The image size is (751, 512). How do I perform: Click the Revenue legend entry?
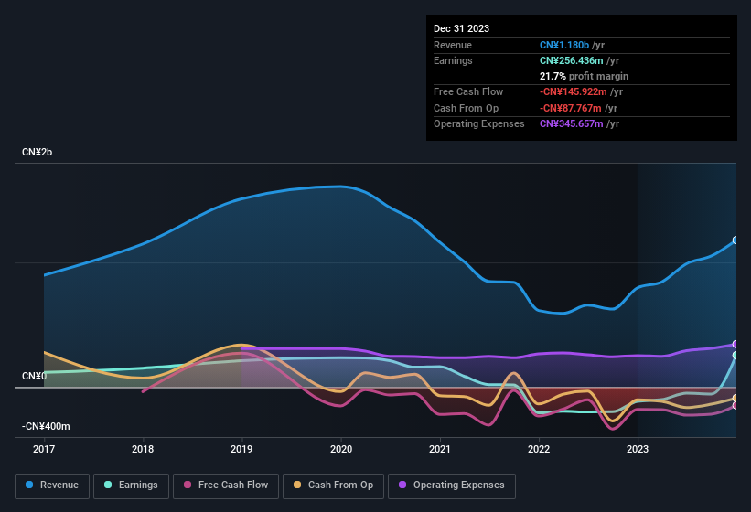pos(52,485)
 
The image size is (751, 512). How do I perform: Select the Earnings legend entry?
pos(131,485)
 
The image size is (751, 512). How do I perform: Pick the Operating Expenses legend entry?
pos(451,485)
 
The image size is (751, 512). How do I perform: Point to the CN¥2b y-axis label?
pos(38,152)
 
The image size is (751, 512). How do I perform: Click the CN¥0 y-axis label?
pos(34,376)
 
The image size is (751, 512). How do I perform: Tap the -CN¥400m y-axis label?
pos(46,426)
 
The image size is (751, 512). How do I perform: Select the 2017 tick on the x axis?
pos(44,449)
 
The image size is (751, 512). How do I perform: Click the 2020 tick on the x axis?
pos(340,449)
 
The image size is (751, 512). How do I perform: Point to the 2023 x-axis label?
pos(638,449)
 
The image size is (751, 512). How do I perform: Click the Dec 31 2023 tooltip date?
pos(461,28)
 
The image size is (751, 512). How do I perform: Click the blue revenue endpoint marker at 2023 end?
pos(735,240)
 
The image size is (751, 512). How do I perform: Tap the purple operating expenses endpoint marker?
pos(735,345)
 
